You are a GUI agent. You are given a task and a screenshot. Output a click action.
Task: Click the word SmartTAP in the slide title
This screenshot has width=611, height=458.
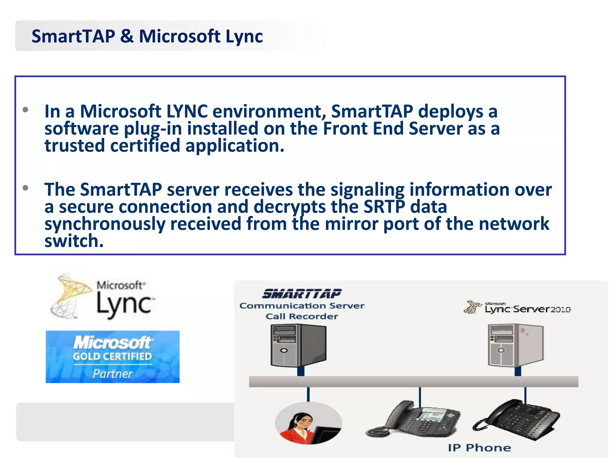point(73,36)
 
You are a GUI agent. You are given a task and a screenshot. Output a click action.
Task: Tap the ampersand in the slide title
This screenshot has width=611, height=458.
point(127,36)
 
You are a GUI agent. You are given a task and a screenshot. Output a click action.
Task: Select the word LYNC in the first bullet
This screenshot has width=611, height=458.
point(187,112)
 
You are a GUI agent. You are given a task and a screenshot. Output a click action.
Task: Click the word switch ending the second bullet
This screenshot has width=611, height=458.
point(74,241)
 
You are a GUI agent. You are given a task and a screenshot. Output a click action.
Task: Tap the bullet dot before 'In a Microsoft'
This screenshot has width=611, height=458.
point(26,110)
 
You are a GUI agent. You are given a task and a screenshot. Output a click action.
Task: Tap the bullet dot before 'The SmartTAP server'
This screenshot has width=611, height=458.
point(26,188)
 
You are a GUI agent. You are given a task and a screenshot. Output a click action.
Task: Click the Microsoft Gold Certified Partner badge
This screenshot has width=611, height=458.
point(112,357)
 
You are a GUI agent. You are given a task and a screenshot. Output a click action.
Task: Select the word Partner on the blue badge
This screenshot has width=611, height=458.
point(112,374)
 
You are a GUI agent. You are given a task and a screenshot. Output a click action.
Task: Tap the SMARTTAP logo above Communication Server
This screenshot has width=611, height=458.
point(302,294)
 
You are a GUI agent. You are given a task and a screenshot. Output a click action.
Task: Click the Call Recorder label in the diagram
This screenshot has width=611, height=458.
point(302,316)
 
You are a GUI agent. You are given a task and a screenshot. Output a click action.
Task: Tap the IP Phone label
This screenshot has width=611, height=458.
point(479,448)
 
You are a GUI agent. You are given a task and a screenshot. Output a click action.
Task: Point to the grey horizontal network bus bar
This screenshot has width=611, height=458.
point(413,382)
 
